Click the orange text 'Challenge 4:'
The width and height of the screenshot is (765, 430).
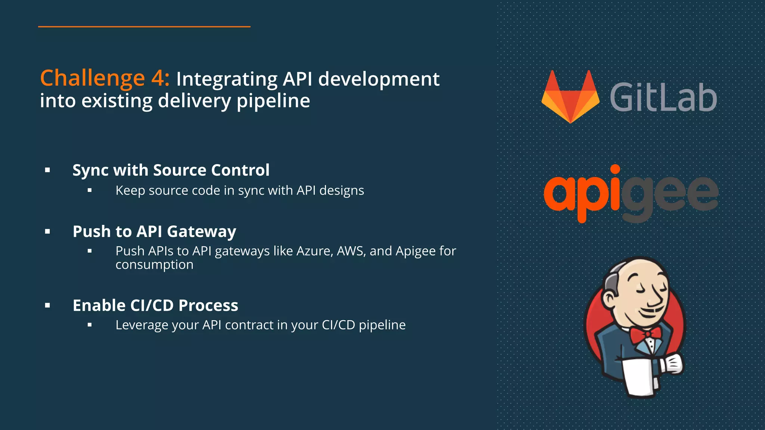(x=105, y=78)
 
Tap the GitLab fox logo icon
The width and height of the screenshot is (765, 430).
(x=570, y=97)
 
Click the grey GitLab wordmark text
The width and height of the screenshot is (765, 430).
(x=663, y=98)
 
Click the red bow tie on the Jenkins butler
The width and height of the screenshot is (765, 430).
(x=645, y=334)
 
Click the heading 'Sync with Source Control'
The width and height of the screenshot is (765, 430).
(x=171, y=170)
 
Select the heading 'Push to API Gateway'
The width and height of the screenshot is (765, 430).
(x=154, y=231)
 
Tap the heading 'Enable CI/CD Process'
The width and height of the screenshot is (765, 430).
(x=155, y=305)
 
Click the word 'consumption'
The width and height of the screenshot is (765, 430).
(x=154, y=265)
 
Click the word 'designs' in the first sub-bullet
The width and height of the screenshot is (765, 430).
(x=341, y=191)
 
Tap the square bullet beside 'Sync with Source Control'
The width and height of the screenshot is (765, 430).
(x=47, y=170)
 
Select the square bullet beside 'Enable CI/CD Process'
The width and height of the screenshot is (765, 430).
(x=47, y=305)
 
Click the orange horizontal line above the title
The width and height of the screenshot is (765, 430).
(x=144, y=27)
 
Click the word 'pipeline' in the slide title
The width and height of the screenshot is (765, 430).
(x=273, y=101)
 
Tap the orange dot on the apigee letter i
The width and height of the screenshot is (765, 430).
(x=615, y=169)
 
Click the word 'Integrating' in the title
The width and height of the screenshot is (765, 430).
(x=227, y=79)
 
